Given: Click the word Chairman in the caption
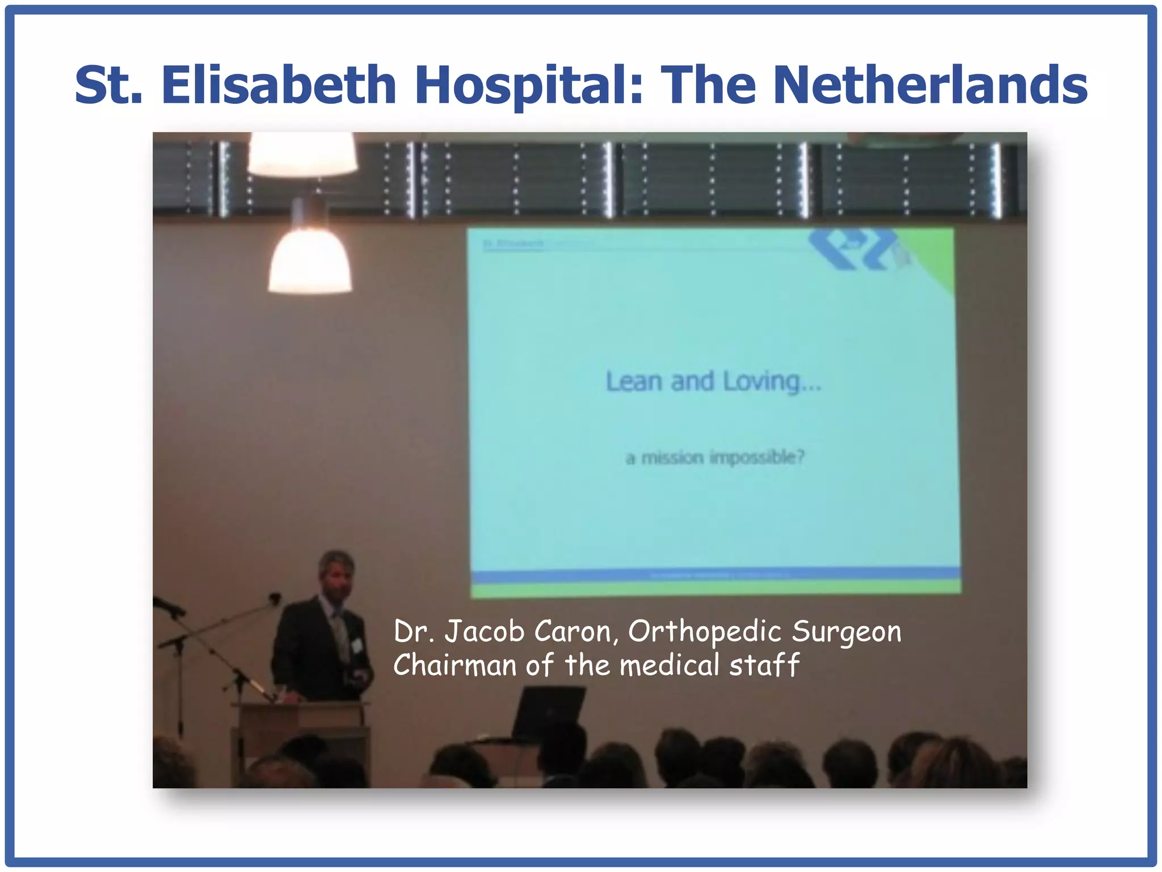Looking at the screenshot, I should tap(454, 665).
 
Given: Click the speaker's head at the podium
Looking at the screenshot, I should tap(336, 573).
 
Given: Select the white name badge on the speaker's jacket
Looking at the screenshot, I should tap(357, 645).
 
